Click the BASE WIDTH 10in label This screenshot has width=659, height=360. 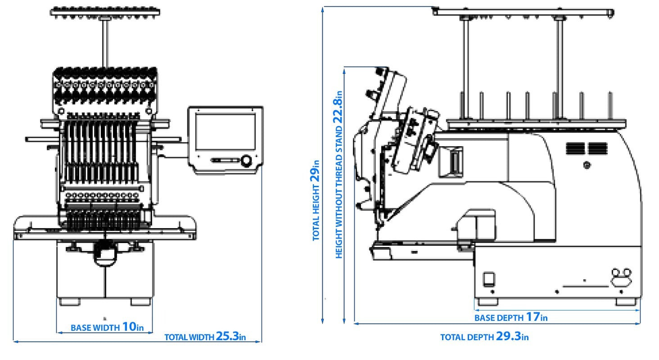(107, 327)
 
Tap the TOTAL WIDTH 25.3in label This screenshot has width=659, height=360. (205, 337)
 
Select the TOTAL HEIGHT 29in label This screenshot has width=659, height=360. (316, 200)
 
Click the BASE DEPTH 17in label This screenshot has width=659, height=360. (511, 317)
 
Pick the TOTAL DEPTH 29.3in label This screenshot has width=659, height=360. (484, 337)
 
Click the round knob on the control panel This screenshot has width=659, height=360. (246, 161)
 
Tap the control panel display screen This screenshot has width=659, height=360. (225, 132)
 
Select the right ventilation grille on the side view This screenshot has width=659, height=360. (597, 148)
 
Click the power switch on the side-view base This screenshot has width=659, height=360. (489, 279)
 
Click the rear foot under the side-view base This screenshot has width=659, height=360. (626, 301)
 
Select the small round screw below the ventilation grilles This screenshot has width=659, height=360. (587, 166)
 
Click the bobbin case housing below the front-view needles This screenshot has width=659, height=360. (105, 252)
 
